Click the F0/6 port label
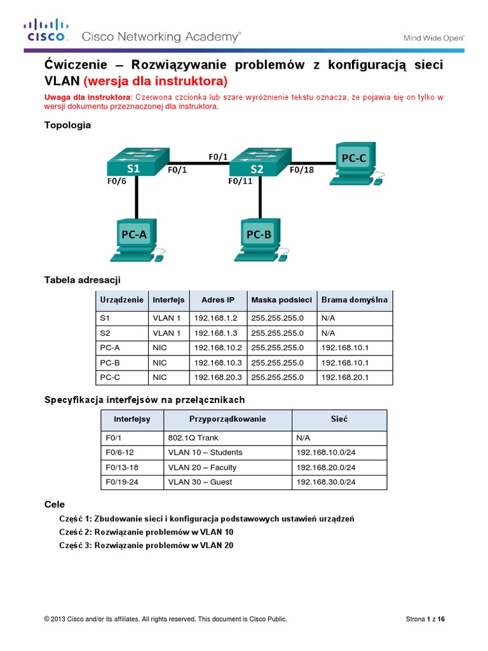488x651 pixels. pyautogui.click(x=118, y=181)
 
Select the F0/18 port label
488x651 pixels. pyautogui.click(x=302, y=170)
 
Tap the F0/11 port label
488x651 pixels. pyautogui.click(x=241, y=181)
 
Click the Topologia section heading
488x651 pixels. pyautogui.click(x=67, y=125)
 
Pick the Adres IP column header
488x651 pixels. pyautogui.click(x=217, y=300)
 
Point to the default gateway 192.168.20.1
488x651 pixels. pyautogui.click(x=345, y=377)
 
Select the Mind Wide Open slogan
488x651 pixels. pyautogui.click(x=434, y=38)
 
